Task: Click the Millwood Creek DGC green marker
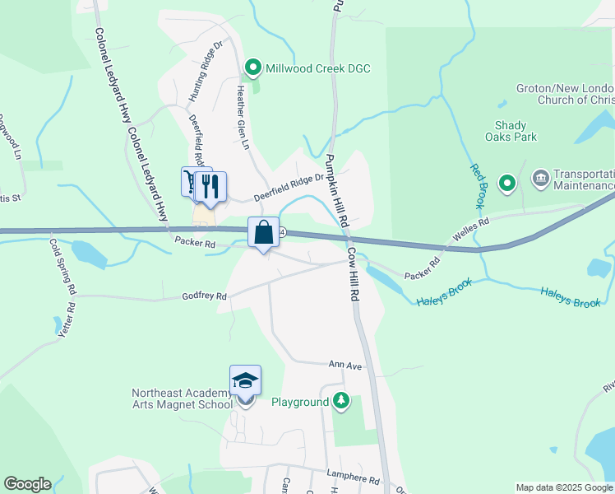tap(254, 68)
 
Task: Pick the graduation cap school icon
tap(245, 380)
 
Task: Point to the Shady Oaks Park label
tap(516, 131)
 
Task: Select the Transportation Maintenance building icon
tap(541, 178)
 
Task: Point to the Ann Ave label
tap(345, 364)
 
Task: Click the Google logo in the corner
tap(27, 484)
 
